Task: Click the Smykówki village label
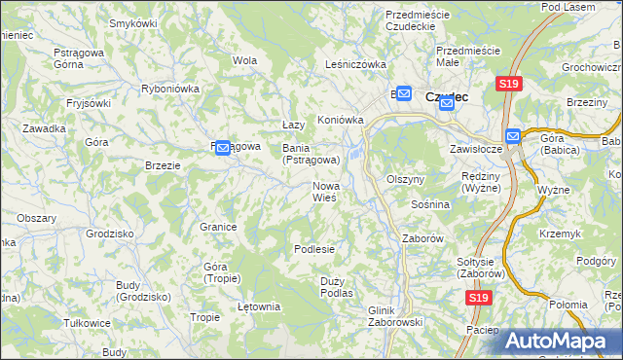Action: [x=134, y=22]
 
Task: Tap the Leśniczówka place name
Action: [x=355, y=65]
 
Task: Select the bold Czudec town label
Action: [x=447, y=96]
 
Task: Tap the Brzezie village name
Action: [x=163, y=165]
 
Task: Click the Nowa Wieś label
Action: [x=325, y=192]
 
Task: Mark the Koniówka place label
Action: [x=340, y=121]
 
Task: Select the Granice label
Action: [x=219, y=227]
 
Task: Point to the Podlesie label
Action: [x=314, y=249]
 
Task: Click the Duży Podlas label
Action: [x=336, y=287]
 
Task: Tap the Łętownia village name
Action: [x=259, y=307]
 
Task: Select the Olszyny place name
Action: [x=406, y=180]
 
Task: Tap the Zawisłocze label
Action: [x=475, y=150]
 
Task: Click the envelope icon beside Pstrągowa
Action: [x=222, y=148]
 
